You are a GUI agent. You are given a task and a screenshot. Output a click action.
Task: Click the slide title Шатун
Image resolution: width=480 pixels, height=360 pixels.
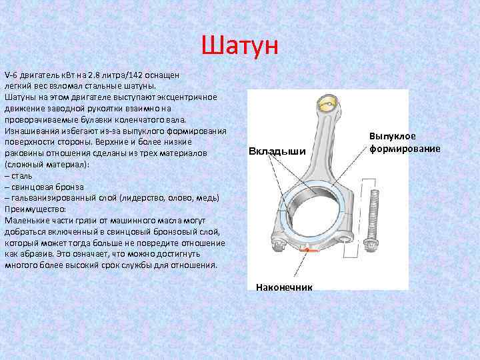242,47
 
